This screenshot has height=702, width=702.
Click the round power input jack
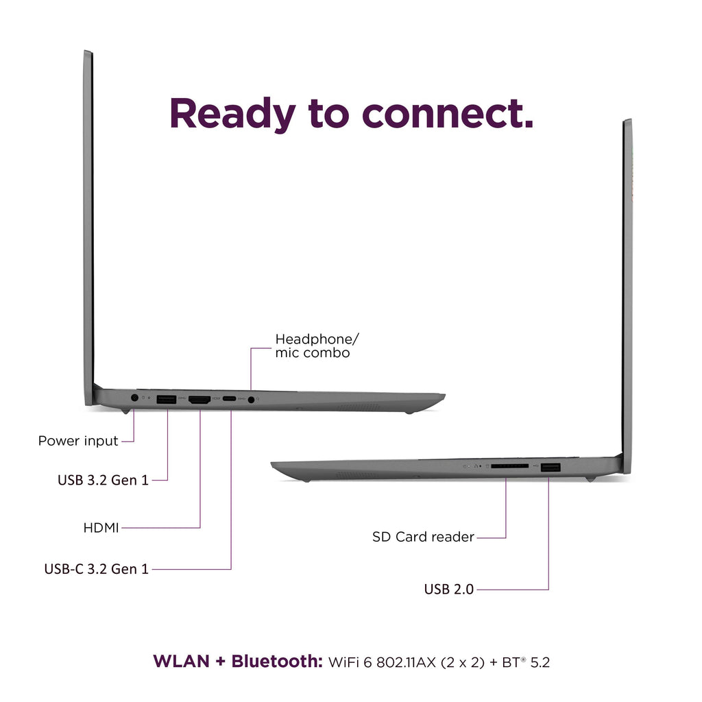point(134,398)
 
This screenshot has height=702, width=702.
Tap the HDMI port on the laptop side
point(199,400)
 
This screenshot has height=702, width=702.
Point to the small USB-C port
point(229,398)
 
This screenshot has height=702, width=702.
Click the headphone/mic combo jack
point(251,400)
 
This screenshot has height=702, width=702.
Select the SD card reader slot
point(509,466)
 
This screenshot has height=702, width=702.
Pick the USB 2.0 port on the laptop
point(550,468)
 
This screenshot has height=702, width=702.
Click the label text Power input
point(78,441)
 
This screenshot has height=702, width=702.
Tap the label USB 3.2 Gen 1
point(103,480)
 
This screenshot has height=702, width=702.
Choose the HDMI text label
point(101,528)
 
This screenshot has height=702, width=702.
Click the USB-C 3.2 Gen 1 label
point(96,568)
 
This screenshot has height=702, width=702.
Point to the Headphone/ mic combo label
point(317,346)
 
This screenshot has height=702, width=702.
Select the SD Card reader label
point(423,536)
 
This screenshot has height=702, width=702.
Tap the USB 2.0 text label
point(448,589)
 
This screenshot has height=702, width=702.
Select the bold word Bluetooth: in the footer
point(277,662)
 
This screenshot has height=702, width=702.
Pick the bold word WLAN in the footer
point(181,662)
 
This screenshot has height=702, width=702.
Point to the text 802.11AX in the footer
point(406,662)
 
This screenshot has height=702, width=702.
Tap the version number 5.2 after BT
point(540,662)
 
